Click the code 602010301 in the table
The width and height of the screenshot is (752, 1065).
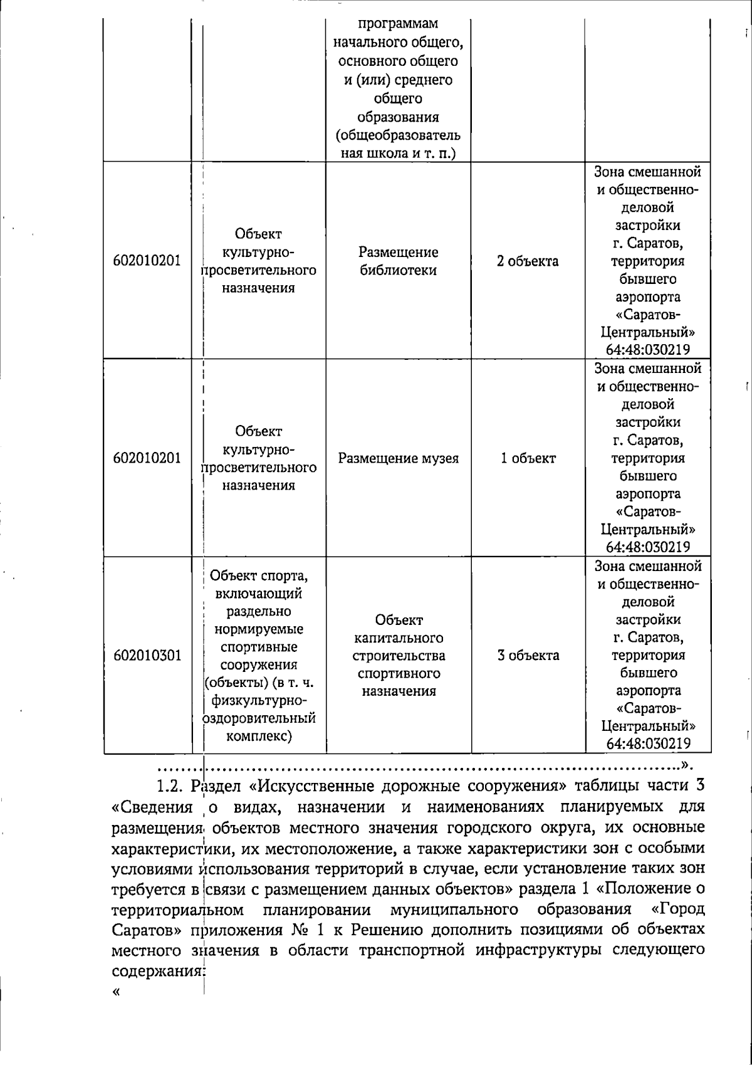coord(147,656)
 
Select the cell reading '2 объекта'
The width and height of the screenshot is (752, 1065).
coord(528,261)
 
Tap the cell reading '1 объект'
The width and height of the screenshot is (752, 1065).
coord(528,458)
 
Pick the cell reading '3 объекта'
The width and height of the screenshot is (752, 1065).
coord(528,656)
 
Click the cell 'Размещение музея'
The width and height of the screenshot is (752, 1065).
coord(398,458)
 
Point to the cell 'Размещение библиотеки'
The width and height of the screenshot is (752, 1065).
coord(398,261)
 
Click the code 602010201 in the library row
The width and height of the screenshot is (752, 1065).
coord(147,261)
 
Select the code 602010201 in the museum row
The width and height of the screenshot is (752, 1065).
coord(147,458)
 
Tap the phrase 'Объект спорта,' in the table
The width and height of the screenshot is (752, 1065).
coord(258,575)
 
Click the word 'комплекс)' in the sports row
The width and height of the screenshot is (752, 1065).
coord(259,736)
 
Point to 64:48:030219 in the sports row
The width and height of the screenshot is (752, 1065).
coord(648,744)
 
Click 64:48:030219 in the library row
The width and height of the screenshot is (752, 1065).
coord(648,350)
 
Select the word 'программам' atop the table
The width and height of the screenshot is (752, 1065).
coord(398,24)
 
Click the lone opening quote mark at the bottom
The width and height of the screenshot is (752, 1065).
coord(115,992)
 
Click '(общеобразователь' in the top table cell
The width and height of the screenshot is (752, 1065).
coord(398,135)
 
